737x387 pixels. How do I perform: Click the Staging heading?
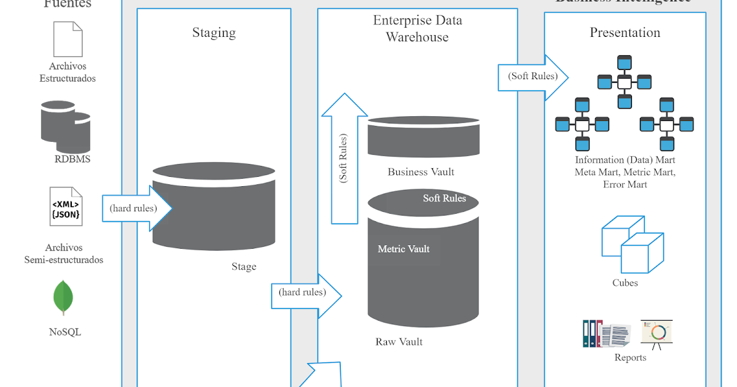[214, 33]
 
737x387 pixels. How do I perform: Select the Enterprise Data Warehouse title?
[418, 29]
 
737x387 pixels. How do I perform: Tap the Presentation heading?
[625, 33]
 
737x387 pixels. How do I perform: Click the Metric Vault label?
[404, 249]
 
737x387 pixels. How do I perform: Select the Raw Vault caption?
[399, 342]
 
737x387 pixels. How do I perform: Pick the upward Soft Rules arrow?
[344, 160]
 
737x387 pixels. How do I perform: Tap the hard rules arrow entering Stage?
[135, 208]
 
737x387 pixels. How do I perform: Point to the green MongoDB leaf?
[64, 298]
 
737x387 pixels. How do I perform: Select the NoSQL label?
[65, 332]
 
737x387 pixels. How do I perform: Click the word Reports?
[630, 358]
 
